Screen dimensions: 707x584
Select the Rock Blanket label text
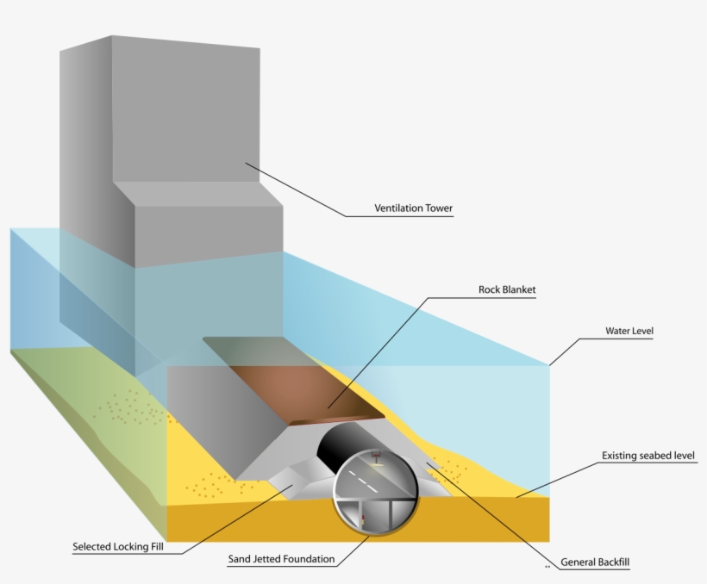(x=507, y=289)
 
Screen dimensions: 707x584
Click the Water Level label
(x=629, y=331)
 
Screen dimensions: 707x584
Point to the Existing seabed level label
(x=648, y=456)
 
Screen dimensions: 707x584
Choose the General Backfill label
(x=595, y=562)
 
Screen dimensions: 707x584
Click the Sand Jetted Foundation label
(x=281, y=559)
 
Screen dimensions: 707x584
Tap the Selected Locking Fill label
(x=118, y=547)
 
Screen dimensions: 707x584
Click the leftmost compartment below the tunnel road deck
(x=350, y=513)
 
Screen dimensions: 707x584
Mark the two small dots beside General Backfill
(x=547, y=567)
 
